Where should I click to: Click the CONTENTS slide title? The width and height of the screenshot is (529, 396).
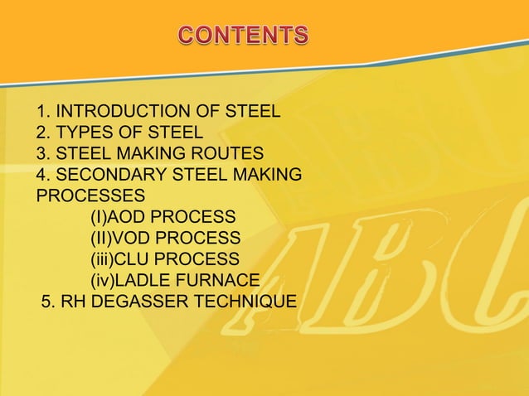click(x=244, y=36)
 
